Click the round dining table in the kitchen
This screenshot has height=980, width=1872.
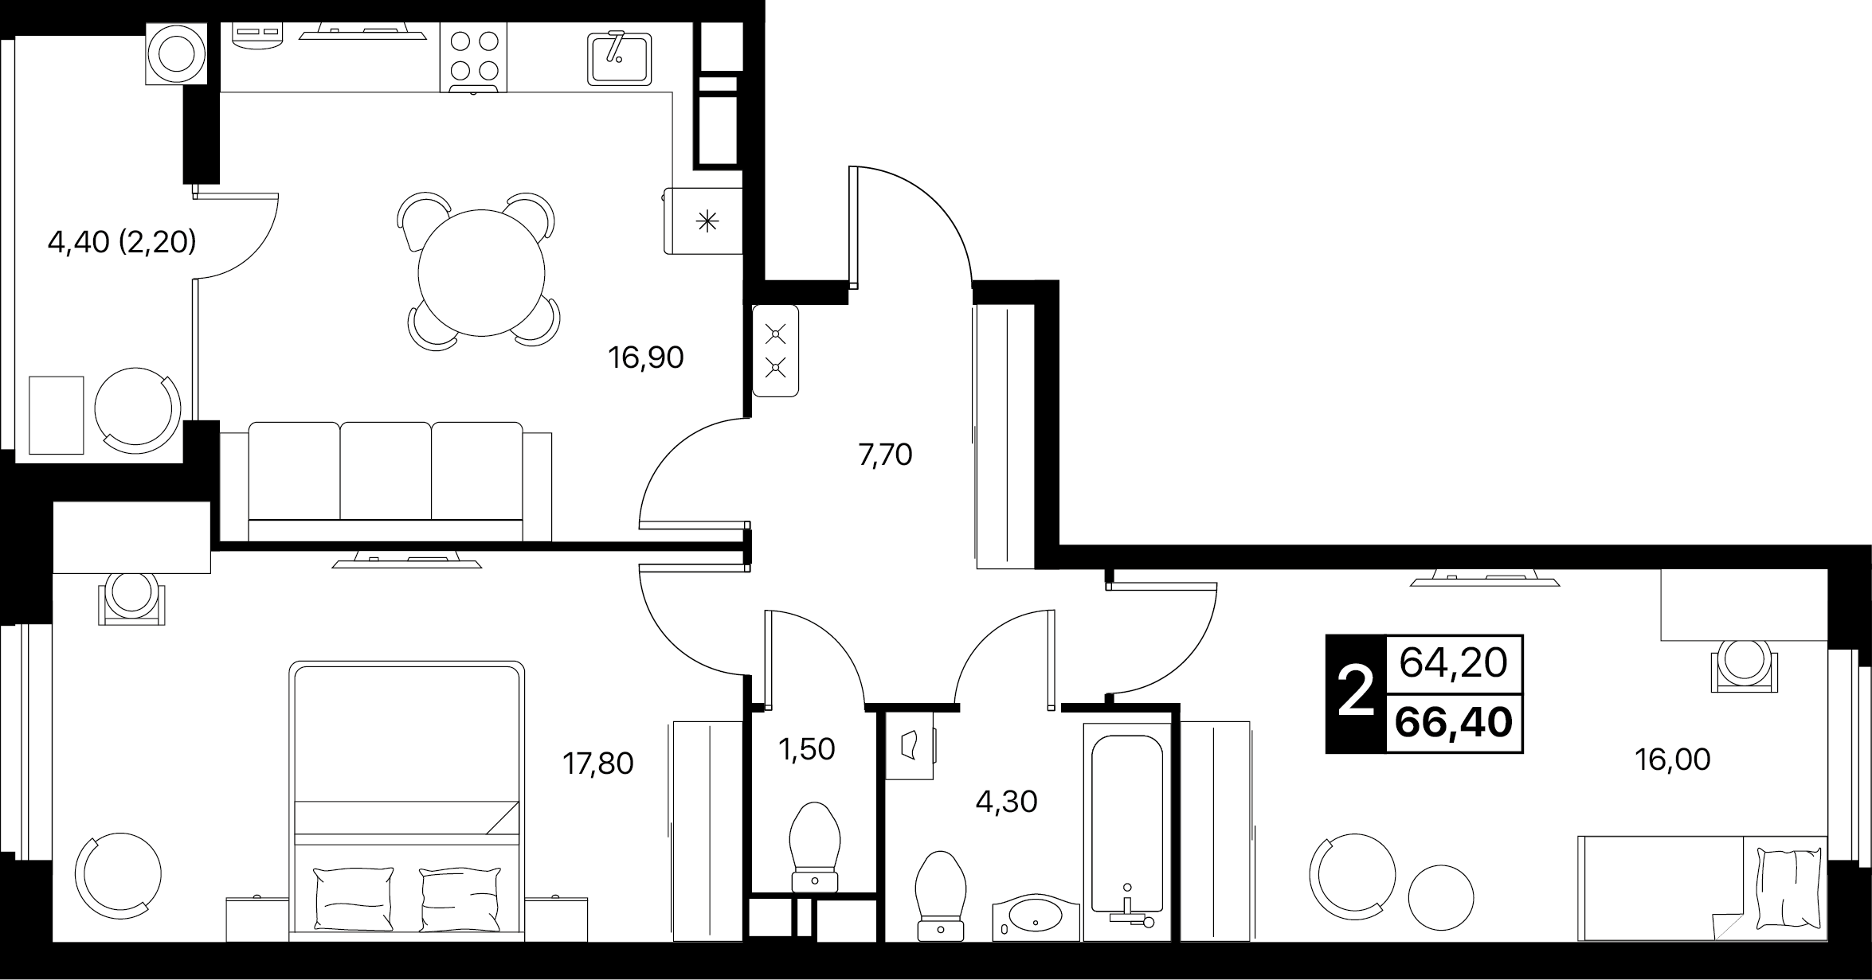[x=481, y=272]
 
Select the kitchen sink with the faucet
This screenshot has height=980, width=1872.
[x=619, y=57]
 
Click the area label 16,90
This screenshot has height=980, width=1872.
[x=645, y=358]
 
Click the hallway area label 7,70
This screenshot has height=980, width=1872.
[x=885, y=455]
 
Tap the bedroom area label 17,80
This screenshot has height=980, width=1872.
[x=597, y=764]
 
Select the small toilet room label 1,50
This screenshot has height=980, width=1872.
[x=808, y=749]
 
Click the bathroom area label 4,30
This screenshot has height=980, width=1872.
[x=1006, y=802]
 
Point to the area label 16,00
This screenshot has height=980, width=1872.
[x=1672, y=759]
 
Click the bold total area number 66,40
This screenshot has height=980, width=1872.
[x=1454, y=723]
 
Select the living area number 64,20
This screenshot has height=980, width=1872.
[x=1454, y=662]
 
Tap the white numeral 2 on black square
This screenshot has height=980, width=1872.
[x=1356, y=693]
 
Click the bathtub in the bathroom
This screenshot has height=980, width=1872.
[x=1126, y=832]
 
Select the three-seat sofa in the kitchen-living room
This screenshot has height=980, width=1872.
[x=386, y=482]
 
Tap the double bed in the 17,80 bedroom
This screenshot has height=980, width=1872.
[x=406, y=800]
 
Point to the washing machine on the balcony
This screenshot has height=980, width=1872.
[x=176, y=53]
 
